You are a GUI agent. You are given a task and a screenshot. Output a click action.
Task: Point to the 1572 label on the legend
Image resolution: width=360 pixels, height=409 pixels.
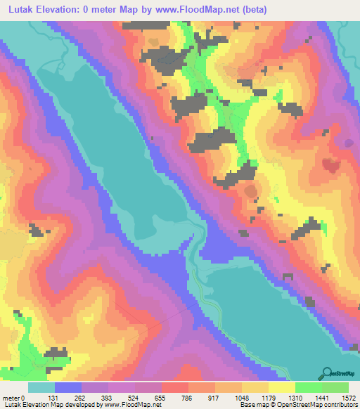[348, 397]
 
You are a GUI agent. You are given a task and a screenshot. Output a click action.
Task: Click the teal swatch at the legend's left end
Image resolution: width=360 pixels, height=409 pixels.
[41, 387]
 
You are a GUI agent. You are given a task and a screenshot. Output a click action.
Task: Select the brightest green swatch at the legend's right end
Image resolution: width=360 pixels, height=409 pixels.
[335, 387]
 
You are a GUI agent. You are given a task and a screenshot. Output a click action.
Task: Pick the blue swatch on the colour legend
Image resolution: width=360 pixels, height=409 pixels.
[68, 387]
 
